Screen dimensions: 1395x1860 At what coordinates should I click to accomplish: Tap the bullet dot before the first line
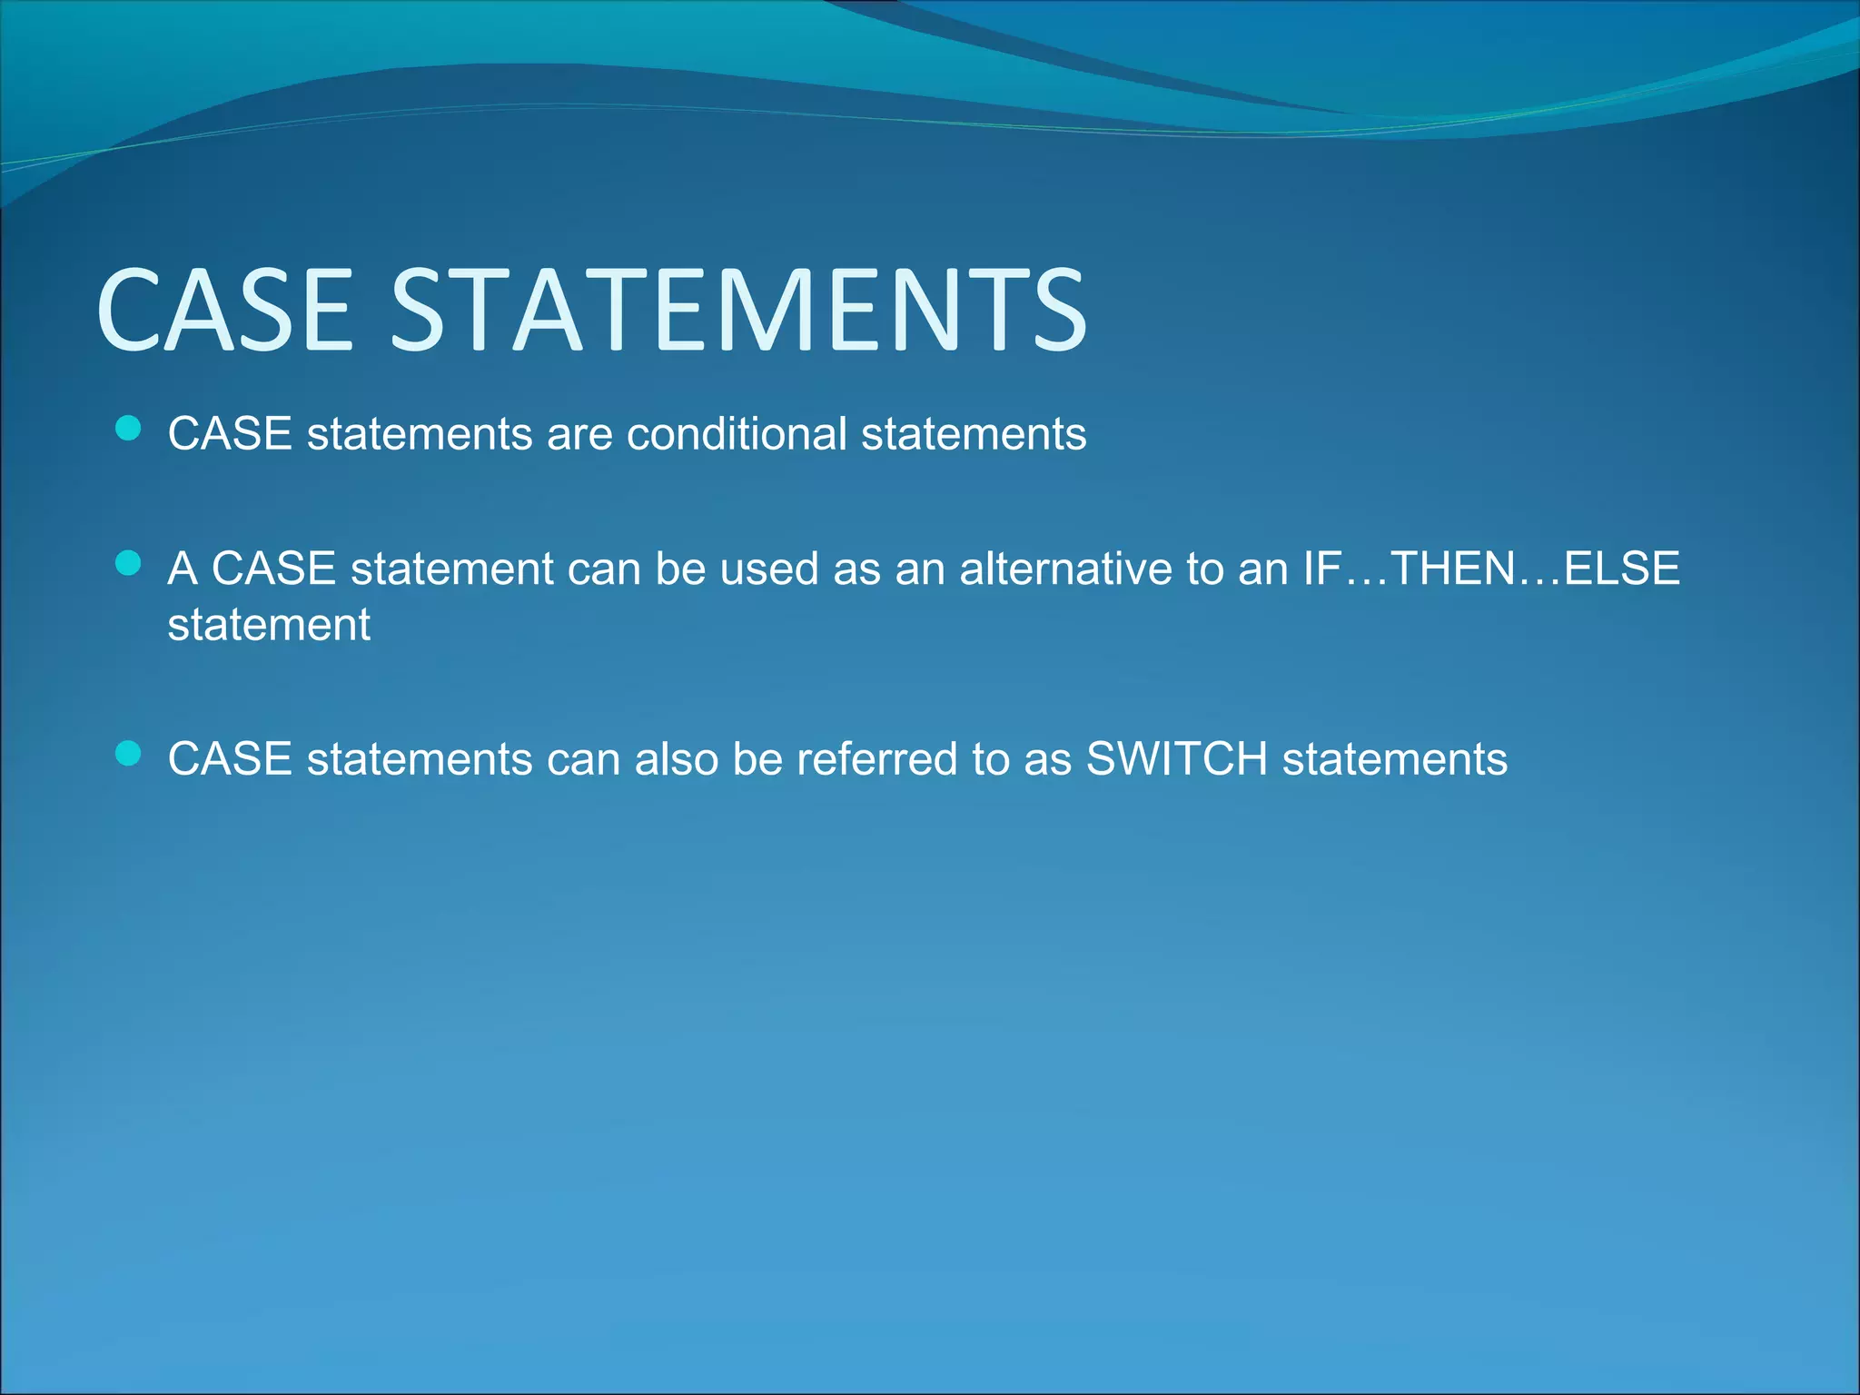(x=129, y=429)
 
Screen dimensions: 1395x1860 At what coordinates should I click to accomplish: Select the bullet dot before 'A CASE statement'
(x=129, y=564)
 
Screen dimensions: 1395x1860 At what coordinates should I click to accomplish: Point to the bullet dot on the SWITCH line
(x=129, y=754)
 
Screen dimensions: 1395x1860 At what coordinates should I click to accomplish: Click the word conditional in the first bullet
(x=737, y=433)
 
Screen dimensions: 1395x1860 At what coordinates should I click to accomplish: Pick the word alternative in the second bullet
(x=1065, y=569)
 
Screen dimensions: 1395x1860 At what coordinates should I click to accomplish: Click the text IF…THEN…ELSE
(x=1491, y=569)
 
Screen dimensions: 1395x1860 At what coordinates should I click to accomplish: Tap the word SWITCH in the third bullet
(x=1177, y=758)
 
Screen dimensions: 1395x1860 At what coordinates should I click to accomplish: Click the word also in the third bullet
(x=676, y=758)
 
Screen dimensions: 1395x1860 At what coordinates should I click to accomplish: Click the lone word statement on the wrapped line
(x=269, y=625)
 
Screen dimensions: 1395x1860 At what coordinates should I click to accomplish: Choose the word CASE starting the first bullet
(x=230, y=433)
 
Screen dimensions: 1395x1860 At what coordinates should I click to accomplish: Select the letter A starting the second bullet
(x=183, y=569)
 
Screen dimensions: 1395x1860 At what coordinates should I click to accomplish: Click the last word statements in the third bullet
(x=1394, y=758)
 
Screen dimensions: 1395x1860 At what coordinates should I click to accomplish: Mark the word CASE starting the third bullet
(x=230, y=758)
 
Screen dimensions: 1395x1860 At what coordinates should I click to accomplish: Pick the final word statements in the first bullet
(x=974, y=433)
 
